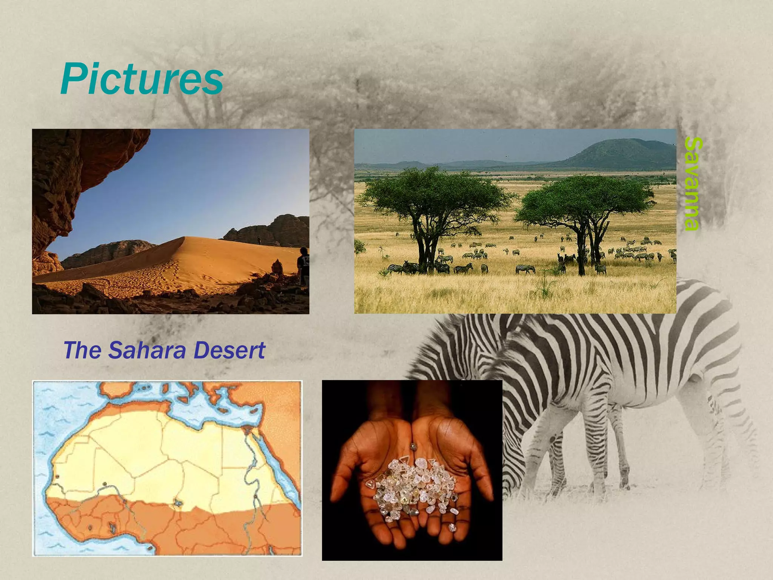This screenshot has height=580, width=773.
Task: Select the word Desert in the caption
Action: (x=229, y=350)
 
